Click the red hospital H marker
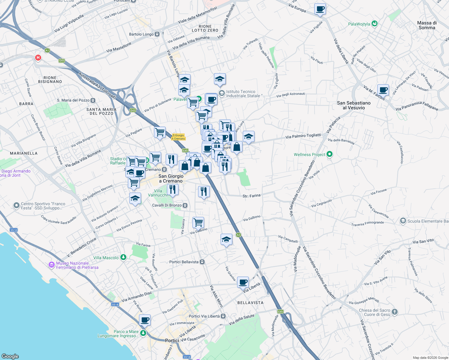[38, 57]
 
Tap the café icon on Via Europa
[320, 9]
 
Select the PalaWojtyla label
[359, 24]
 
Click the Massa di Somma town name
[427, 25]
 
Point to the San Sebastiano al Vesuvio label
[354, 105]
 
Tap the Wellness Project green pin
[330, 154]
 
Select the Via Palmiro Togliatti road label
[303, 136]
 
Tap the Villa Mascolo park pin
[123, 257]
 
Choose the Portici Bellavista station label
[184, 262]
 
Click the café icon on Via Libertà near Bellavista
[243, 282]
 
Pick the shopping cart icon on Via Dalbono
[198, 223]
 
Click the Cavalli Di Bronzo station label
[167, 205]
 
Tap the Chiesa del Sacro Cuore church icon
[394, 312]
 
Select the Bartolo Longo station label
[141, 34]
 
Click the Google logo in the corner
[10, 356]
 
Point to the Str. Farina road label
[252, 196]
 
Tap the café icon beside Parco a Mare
[145, 320]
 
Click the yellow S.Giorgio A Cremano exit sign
[179, 137]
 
